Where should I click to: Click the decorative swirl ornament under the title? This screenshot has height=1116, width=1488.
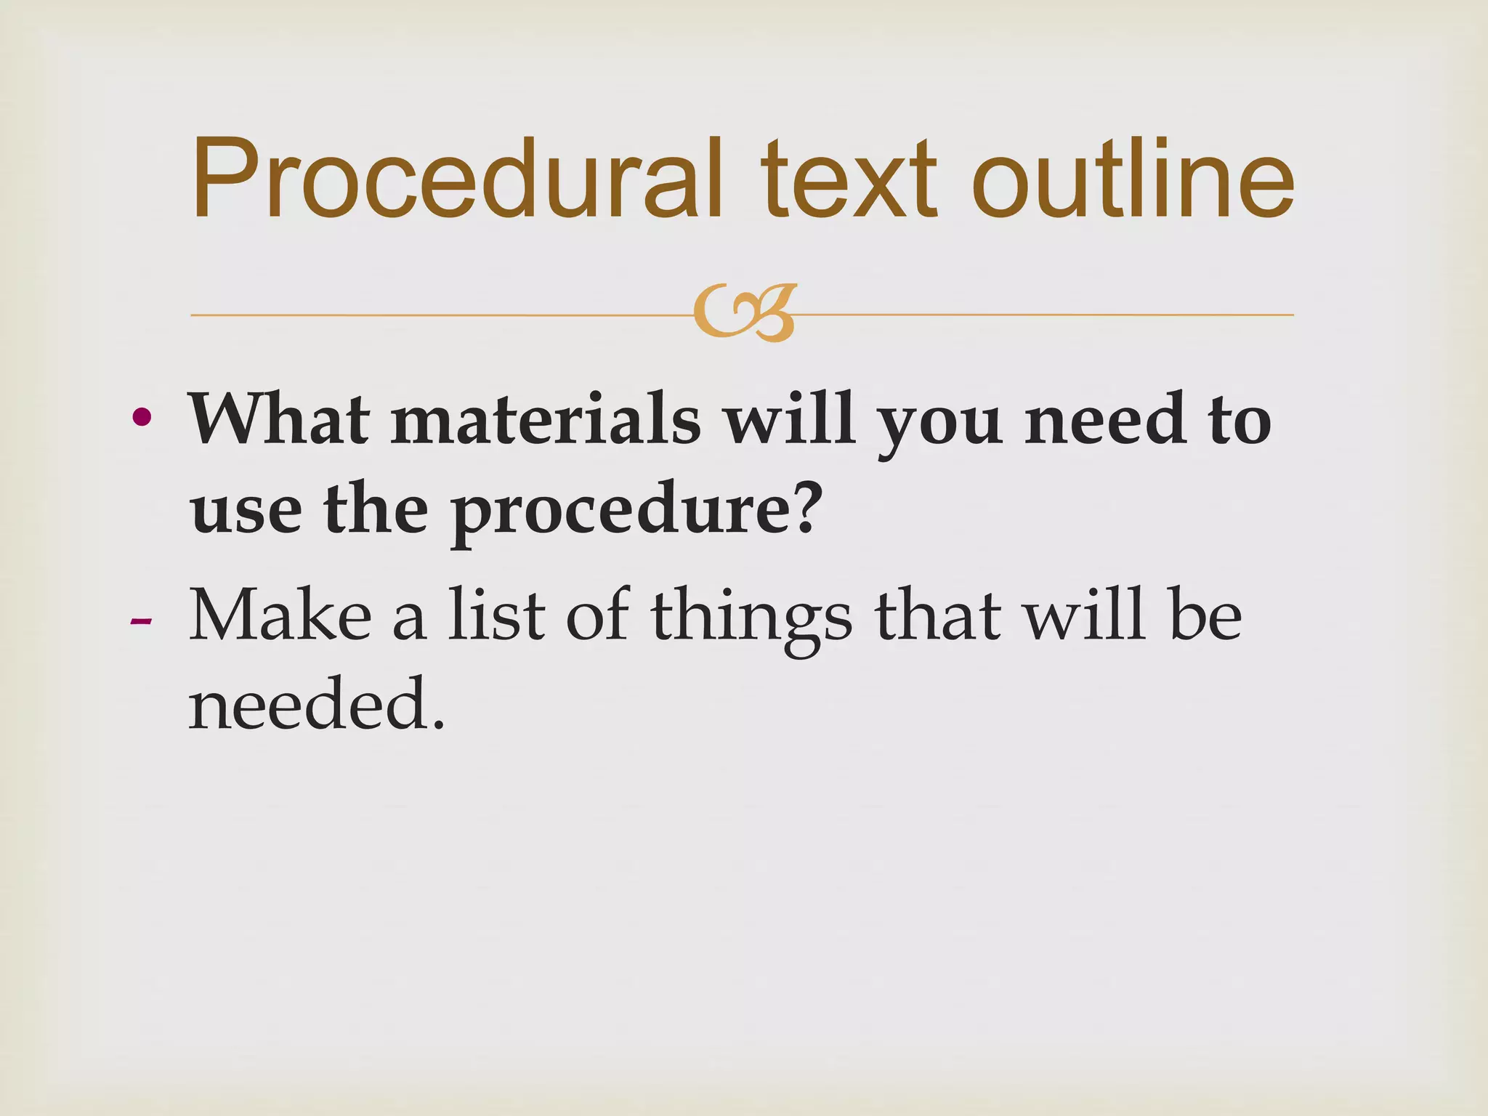tap(744, 314)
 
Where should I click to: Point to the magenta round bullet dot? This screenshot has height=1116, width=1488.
tap(142, 417)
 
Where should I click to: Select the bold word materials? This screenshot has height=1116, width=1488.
tap(546, 419)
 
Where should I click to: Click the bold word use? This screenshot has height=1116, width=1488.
tap(246, 509)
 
